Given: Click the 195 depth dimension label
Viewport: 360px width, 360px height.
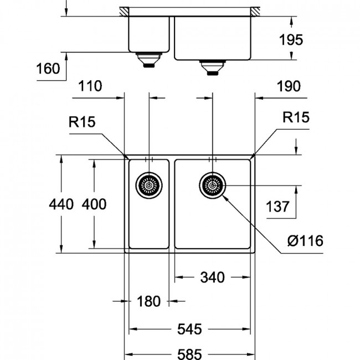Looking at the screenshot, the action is [291, 40].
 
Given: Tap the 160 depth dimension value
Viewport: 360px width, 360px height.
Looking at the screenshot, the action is [48, 69].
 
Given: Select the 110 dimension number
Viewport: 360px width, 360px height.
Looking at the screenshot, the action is [90, 86].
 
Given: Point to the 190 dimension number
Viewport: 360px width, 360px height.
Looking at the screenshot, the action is [289, 86].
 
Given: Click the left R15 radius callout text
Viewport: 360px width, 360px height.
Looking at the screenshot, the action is [82, 122].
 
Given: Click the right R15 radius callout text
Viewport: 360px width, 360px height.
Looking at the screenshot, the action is [296, 117].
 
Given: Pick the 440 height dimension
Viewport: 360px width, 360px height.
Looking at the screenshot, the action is [61, 204].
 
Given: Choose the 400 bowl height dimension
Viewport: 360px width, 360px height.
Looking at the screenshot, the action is [94, 204].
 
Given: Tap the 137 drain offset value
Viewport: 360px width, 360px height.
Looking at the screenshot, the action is [277, 207].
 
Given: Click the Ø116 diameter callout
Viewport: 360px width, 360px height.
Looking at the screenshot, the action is [305, 241].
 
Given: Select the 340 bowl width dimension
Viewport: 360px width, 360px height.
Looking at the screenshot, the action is [212, 277].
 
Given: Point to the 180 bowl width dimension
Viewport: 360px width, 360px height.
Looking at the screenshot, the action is [148, 301].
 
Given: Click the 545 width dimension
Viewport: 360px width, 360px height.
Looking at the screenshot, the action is [189, 329].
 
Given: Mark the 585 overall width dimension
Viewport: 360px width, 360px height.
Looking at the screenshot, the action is [189, 354].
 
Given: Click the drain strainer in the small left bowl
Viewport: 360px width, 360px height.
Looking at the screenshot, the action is [149, 186].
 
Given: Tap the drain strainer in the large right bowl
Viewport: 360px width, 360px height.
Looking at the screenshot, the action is [213, 185].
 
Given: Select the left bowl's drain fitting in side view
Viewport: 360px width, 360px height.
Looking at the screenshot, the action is [149, 60].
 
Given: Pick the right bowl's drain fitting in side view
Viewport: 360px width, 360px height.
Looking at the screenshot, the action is [212, 68].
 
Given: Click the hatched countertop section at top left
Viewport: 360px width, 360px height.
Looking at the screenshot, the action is [124, 12].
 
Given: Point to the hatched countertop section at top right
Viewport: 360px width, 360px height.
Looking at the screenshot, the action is [255, 12].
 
